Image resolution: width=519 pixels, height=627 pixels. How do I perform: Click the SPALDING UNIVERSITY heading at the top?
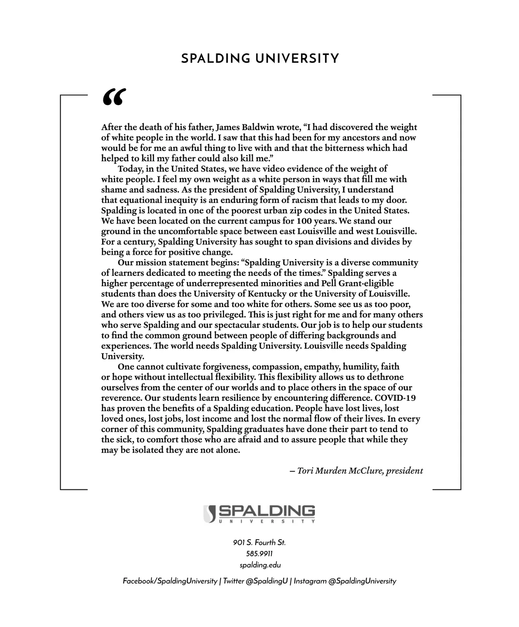260,58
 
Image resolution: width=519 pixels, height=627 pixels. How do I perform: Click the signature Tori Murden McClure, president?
356,471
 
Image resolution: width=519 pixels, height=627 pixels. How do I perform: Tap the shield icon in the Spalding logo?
209,513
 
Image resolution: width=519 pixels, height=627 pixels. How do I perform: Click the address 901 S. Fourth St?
259,543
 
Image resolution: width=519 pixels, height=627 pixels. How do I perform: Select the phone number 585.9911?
259,554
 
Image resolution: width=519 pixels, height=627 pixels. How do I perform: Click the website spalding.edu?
259,565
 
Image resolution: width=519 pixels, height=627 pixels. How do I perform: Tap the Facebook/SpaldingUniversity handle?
170,581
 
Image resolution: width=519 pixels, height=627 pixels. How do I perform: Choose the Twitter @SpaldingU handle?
256,581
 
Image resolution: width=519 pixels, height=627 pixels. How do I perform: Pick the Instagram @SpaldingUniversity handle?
345,581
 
